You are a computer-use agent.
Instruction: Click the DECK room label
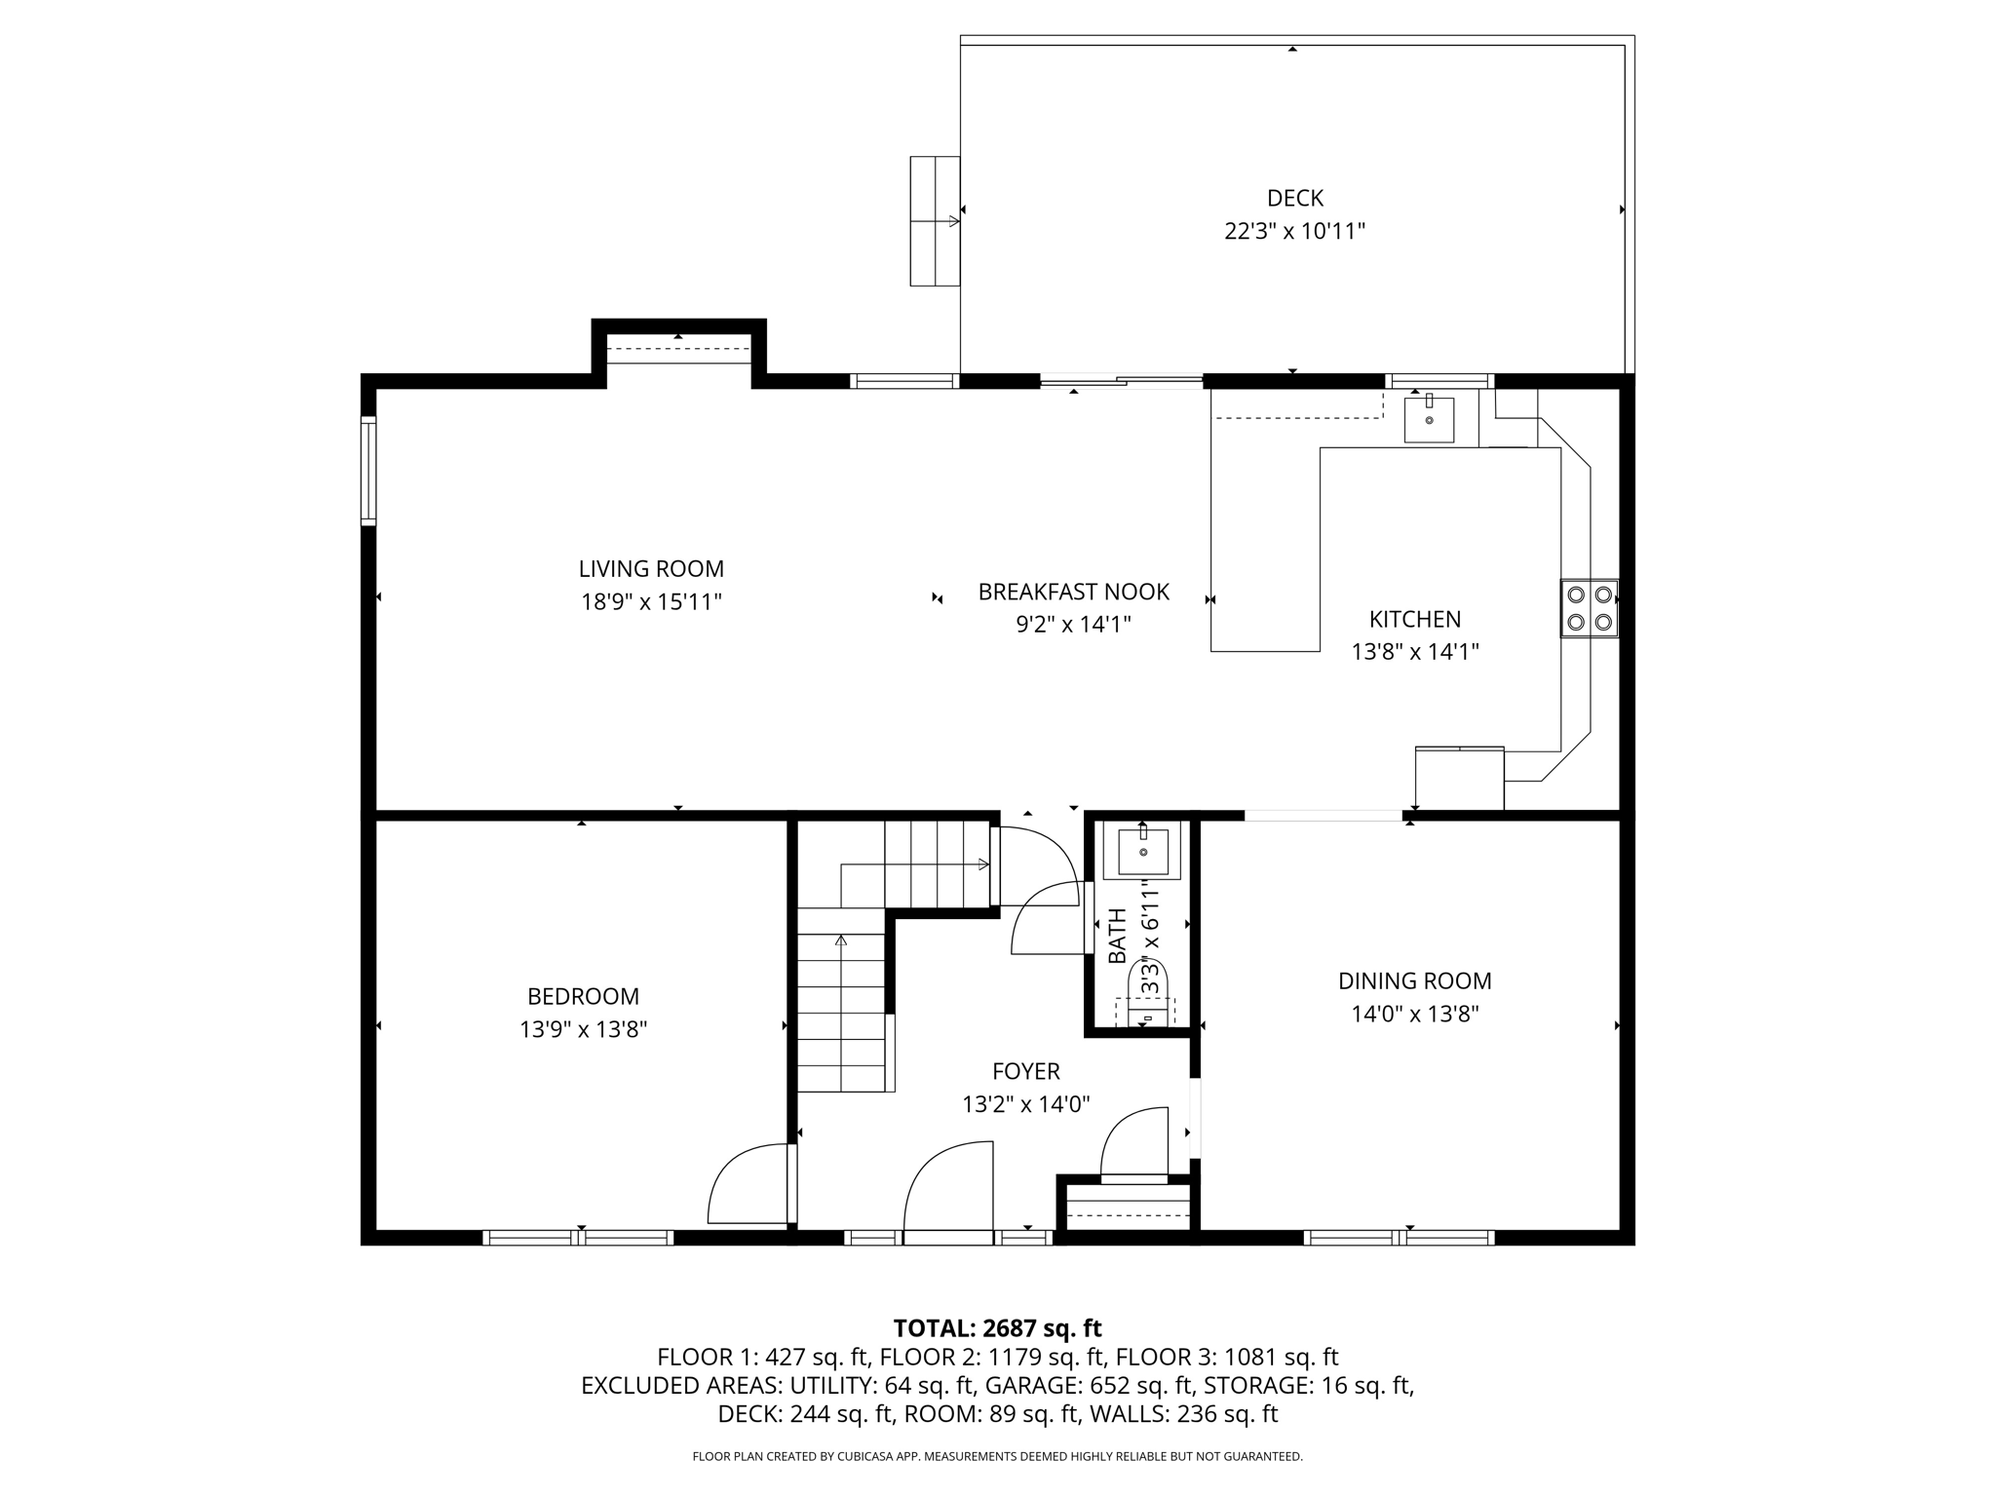coord(1294,198)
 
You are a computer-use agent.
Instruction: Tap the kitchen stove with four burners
coord(1589,608)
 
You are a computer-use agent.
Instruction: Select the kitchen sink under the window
coord(1429,419)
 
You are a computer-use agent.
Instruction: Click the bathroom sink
coord(1142,851)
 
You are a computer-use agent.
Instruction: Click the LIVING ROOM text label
coord(651,568)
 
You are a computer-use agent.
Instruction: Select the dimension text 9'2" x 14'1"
coord(1073,624)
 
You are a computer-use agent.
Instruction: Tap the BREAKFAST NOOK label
coord(1073,592)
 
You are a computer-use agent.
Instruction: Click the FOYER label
coord(1025,1071)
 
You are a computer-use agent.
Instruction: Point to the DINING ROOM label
coord(1414,980)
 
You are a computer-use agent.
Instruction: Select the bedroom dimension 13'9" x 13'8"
coord(583,1029)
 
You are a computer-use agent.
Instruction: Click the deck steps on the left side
coord(935,221)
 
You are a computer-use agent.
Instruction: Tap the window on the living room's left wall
coord(368,471)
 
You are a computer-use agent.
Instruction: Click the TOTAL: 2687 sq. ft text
coord(997,1327)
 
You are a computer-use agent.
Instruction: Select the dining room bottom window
coord(1399,1238)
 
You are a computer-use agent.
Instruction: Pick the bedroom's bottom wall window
coord(578,1238)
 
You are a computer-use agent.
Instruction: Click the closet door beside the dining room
coord(1133,1142)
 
